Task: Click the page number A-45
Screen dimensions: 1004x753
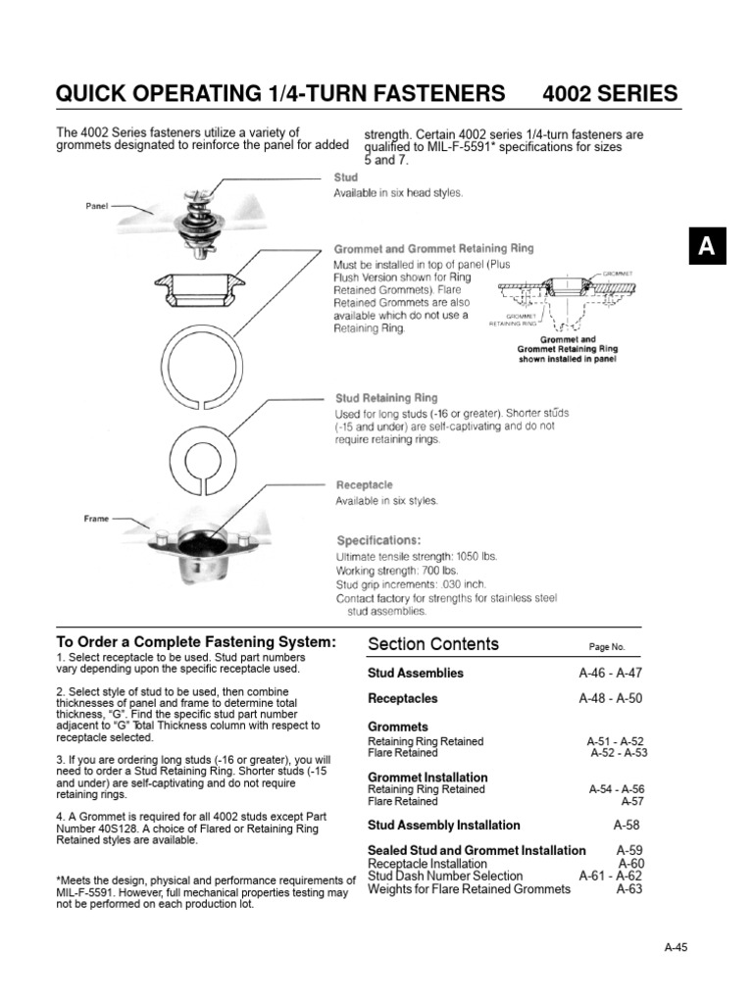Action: click(x=676, y=946)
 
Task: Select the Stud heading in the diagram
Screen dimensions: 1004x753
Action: click(x=346, y=177)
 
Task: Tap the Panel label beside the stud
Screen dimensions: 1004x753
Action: click(x=96, y=207)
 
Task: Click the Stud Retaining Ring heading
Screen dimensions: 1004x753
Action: click(x=386, y=398)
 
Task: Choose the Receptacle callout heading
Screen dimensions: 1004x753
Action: click(x=365, y=484)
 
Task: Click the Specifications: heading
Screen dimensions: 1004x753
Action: click(x=378, y=540)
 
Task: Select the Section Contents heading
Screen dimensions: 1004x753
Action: click(x=432, y=644)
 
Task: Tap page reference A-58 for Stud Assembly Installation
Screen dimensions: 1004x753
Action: click(x=627, y=826)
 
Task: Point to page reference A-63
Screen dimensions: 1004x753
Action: click(x=629, y=889)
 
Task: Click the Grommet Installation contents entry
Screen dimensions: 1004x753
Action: click(x=414, y=777)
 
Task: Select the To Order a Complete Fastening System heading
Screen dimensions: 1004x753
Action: click(x=196, y=642)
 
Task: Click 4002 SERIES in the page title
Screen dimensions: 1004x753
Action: click(x=609, y=94)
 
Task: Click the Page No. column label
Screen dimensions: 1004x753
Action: click(x=606, y=648)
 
